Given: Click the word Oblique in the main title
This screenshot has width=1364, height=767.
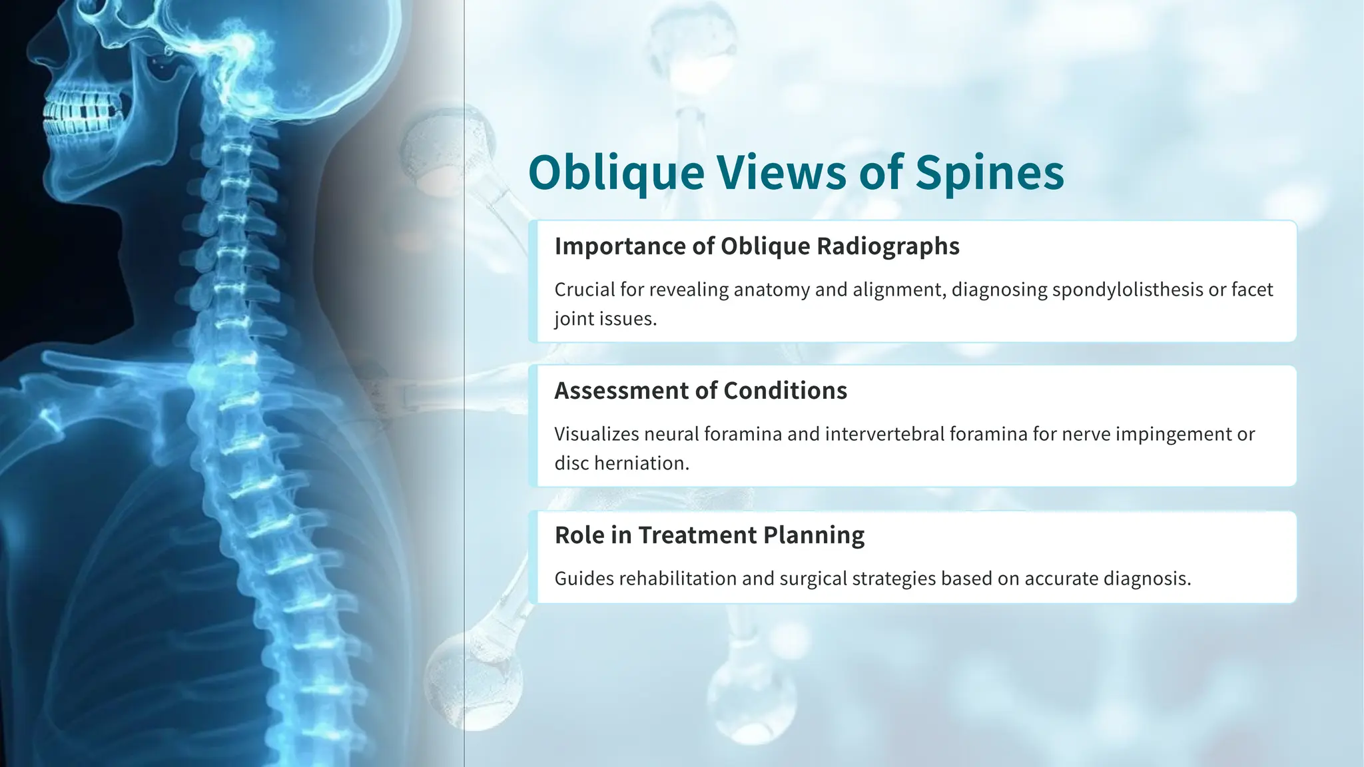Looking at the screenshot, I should pos(616,173).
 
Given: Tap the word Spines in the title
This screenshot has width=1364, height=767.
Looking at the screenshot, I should pos(990,173).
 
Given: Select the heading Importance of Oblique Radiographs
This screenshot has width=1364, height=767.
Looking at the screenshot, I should pos(757,246).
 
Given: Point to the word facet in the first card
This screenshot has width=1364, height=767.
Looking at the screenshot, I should pos(1252,290).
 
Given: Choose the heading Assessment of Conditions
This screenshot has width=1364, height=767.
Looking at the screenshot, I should pos(701,391).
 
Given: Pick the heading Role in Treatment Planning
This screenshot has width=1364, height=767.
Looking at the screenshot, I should pos(709,535).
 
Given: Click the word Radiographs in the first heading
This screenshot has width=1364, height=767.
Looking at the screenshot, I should pos(888,246).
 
